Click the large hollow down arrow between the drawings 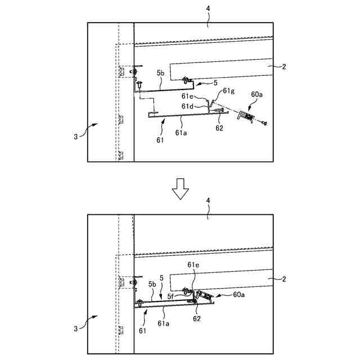pos(180,189)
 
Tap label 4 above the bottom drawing pos(208,200)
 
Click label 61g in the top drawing pos(229,91)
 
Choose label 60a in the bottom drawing pos(239,294)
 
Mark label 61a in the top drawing pos(181,133)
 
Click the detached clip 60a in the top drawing pos(245,116)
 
